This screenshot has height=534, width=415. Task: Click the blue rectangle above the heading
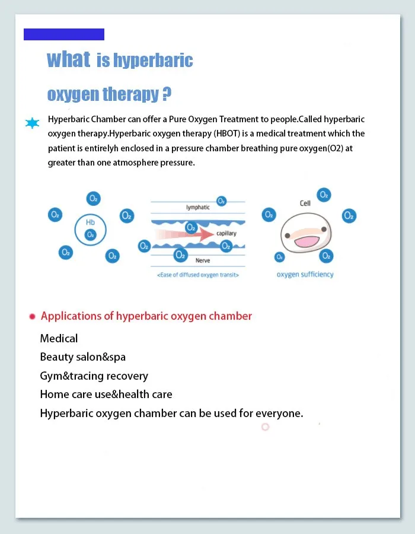[64, 34]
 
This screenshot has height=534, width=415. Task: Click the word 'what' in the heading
[68, 60]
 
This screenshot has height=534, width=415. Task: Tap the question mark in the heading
[167, 94]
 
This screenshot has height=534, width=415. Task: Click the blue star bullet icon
[32, 123]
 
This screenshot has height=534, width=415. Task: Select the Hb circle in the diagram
[90, 229]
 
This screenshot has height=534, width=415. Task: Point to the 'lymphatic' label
[198, 208]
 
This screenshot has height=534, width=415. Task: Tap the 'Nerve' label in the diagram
[203, 260]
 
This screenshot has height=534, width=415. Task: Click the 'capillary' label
[226, 233]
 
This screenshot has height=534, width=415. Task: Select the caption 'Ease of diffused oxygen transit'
[198, 275]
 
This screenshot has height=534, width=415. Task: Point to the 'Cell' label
[305, 203]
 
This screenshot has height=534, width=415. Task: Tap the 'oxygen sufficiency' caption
[305, 275]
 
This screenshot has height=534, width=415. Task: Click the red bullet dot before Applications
[32, 317]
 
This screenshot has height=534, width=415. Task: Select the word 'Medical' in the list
[59, 339]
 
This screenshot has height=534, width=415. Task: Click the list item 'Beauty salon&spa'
[82, 357]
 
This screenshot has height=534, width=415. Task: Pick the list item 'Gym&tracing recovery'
[94, 376]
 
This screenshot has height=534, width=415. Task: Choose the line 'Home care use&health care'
[106, 395]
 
